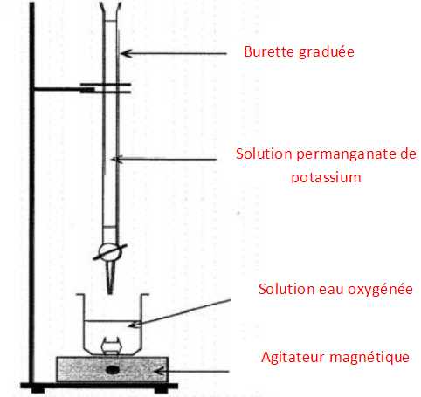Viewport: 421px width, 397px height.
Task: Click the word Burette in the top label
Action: [x=269, y=51]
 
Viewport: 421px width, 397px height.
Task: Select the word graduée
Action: [x=327, y=52]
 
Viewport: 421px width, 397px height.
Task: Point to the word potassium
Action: [x=327, y=177]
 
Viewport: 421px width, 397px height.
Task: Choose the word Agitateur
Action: [x=293, y=357]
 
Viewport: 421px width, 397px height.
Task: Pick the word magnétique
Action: [x=369, y=358]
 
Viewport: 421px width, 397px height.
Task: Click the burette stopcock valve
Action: [x=110, y=252]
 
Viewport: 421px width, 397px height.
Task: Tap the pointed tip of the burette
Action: [x=110, y=292]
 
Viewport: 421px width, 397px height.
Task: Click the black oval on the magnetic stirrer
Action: [x=112, y=370]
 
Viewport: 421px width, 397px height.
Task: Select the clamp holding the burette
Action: [x=106, y=88]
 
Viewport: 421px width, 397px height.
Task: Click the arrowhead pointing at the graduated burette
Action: [x=127, y=53]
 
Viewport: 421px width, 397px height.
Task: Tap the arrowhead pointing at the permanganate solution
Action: [x=117, y=159]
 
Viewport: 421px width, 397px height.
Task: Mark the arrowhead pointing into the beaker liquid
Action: [x=135, y=324]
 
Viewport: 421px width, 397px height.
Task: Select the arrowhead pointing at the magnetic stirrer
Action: [x=159, y=371]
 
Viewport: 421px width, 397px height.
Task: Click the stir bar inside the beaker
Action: [x=110, y=346]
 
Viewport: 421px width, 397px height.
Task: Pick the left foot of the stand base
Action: [x=38, y=390]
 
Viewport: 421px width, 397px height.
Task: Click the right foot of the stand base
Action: [x=161, y=390]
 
